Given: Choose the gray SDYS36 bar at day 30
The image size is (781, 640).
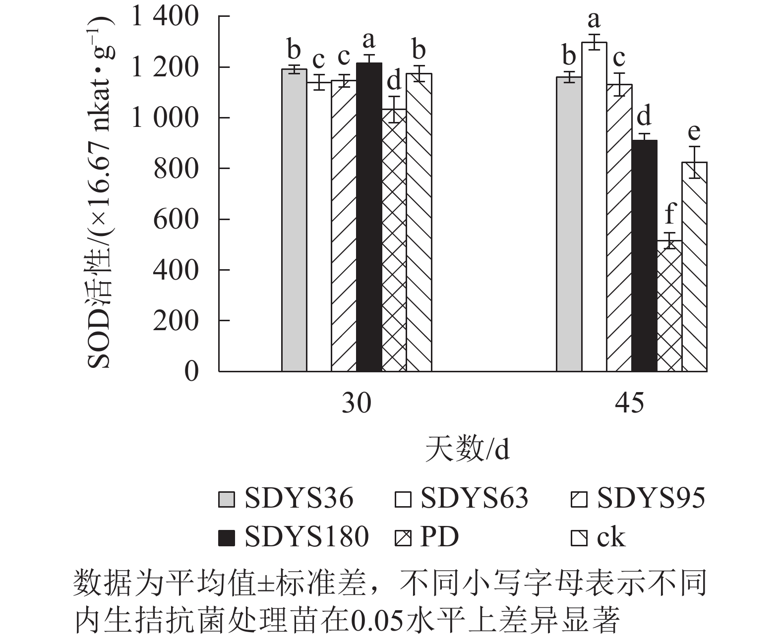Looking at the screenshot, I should (294, 220).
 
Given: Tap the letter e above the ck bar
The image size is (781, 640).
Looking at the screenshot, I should (694, 132).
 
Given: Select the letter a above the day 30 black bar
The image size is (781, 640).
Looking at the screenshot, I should (368, 39).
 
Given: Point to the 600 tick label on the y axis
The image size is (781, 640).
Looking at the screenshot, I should (176, 219).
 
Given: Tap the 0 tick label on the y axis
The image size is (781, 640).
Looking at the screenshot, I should (191, 371).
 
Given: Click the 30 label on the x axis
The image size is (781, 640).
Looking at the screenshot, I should (356, 403).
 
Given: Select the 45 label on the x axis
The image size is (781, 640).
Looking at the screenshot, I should (630, 403).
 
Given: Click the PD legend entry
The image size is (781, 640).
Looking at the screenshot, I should (426, 536).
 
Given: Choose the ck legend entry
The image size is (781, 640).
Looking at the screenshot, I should (598, 536).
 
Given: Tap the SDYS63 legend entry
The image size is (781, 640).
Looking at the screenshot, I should (461, 498).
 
